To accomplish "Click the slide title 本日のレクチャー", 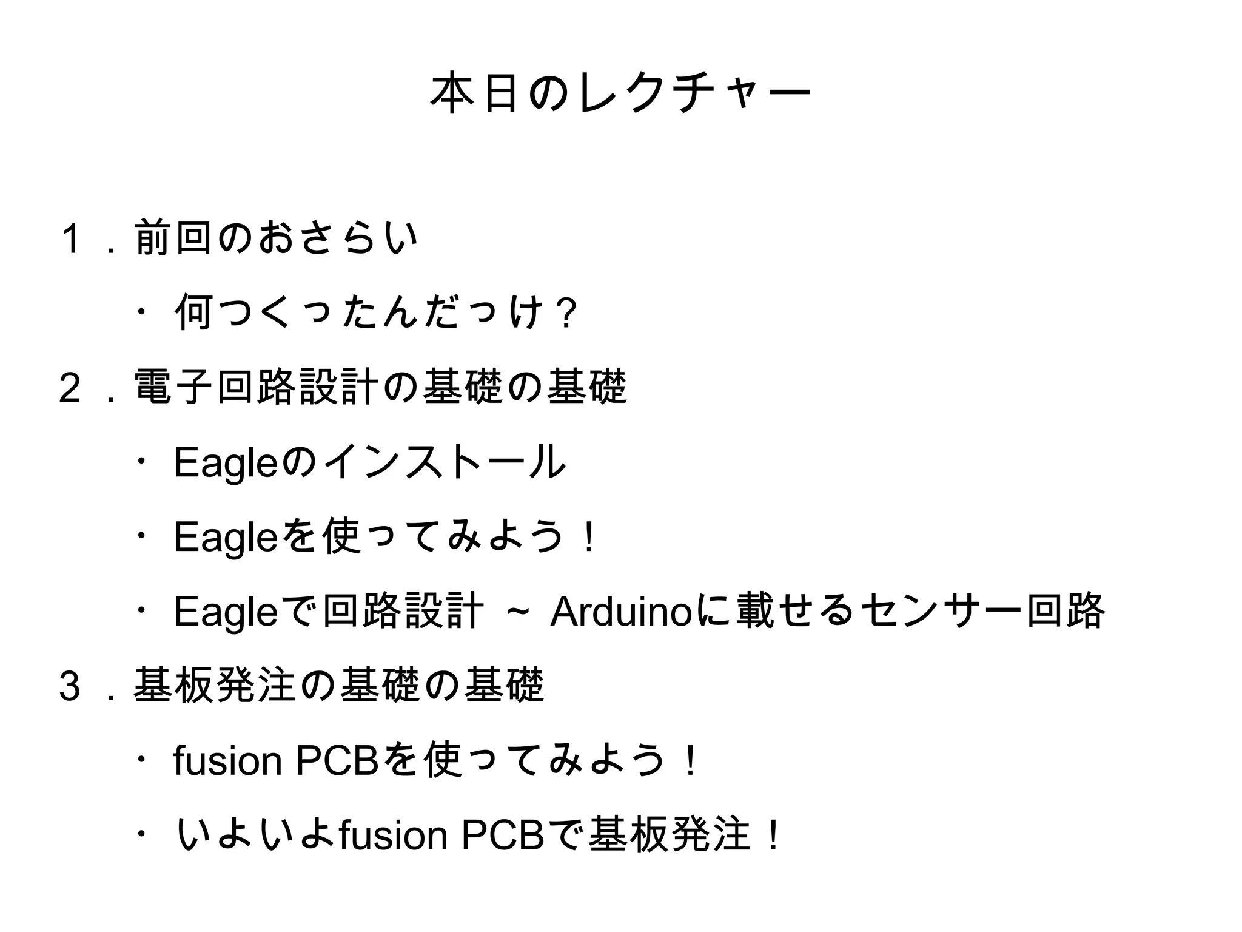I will point(620,92).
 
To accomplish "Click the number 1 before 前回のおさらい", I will point(71,238).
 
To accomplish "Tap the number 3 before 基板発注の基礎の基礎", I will point(70,685).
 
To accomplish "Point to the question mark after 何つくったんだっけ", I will point(568,314).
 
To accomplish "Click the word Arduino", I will point(620,612).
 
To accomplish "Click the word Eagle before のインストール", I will point(226,463).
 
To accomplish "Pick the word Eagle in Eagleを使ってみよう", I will point(226,538).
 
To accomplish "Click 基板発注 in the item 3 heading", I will point(214,685).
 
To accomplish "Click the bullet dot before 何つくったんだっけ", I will point(141,312).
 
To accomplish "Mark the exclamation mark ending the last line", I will point(773,836).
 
